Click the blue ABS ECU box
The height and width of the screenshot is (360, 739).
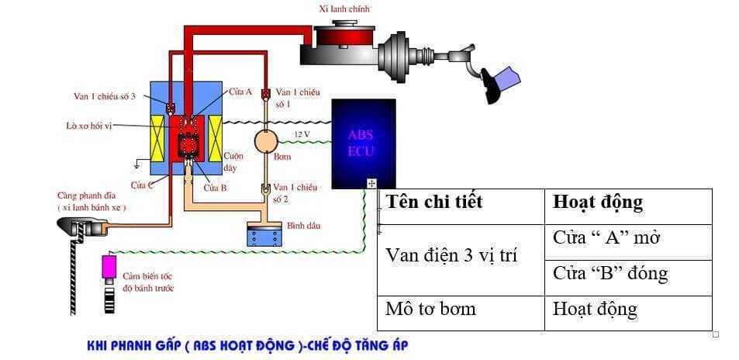pos(363,143)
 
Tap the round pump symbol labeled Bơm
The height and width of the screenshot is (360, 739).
pos(266,141)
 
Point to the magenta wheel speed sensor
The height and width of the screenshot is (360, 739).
pos(109,265)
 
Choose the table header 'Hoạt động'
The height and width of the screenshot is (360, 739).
pos(597,202)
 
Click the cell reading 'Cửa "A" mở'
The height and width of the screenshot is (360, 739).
pos(606,238)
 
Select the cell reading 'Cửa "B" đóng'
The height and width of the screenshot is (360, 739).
pos(610,273)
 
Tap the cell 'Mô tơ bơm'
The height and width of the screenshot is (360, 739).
pos(430,309)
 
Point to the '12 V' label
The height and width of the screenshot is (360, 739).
pos(302,134)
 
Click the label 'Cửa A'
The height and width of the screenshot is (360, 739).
pos(240,92)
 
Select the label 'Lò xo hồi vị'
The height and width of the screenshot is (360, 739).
pos(89,124)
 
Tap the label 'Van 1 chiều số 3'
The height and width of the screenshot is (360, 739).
pos(105,96)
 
